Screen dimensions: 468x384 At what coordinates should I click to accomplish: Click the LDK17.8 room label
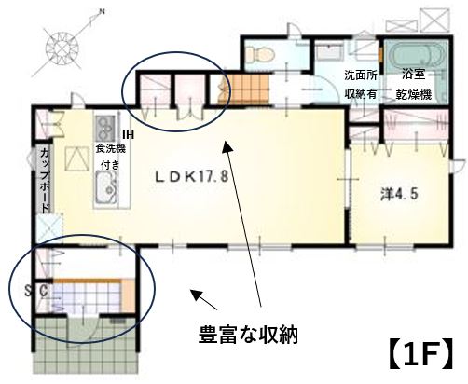point(192,177)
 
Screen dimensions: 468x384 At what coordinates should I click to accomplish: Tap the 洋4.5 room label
point(399,194)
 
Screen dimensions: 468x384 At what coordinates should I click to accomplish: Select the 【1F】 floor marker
point(420,354)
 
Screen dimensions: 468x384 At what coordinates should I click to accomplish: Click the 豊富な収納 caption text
point(248,335)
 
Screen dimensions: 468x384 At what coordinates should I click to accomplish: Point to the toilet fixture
point(260,55)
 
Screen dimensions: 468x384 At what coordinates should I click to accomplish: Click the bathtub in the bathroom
point(417,55)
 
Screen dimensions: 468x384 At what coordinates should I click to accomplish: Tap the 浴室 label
point(413,75)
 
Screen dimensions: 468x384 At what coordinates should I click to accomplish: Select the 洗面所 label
point(361,75)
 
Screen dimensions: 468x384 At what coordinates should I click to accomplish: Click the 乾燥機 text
point(413,94)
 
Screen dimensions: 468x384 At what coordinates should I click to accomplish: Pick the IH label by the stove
point(128,135)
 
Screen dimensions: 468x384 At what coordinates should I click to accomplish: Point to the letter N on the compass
point(102,12)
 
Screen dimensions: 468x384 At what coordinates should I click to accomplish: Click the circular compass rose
point(63,48)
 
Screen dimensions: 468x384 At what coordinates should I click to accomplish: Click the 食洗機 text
point(110,149)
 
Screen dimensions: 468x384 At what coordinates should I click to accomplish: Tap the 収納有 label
point(361,94)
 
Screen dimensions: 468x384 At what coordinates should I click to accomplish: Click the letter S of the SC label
point(28,291)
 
